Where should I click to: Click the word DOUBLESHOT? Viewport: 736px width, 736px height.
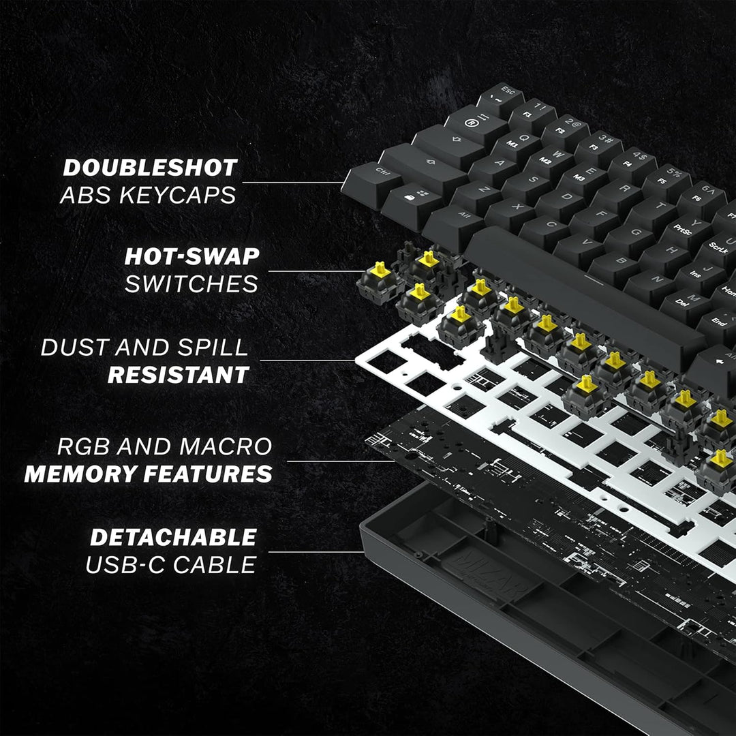point(150,168)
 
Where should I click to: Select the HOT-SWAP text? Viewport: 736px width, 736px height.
point(191,256)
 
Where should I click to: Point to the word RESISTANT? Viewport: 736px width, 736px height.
point(179,374)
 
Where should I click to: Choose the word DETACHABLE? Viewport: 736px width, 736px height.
point(174,537)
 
